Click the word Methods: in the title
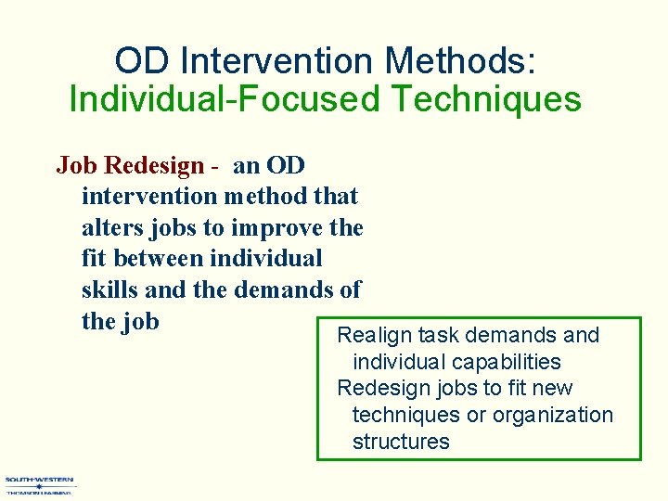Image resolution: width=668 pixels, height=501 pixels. click(x=459, y=61)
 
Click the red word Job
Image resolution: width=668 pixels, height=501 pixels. click(x=77, y=166)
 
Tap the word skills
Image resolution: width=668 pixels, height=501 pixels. click(x=110, y=290)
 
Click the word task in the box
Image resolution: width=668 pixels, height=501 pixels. click(x=433, y=335)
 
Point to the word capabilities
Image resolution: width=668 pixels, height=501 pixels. click(x=507, y=362)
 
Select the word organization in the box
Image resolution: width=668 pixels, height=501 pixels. click(x=553, y=415)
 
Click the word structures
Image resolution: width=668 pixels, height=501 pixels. click(x=401, y=442)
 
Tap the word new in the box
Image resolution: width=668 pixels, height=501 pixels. click(x=553, y=388)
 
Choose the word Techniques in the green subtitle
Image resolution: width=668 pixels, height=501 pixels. click(x=483, y=99)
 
